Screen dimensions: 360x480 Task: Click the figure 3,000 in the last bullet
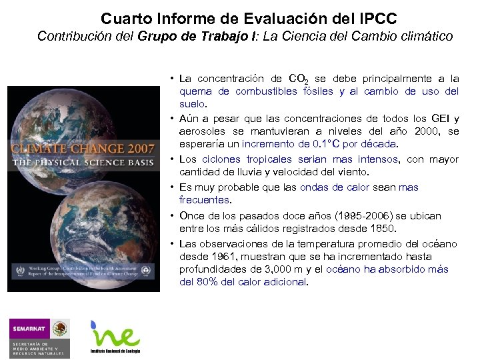coord(259,269)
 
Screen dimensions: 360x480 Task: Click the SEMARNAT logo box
coord(29,329)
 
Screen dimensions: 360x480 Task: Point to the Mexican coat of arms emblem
coord(60,329)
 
